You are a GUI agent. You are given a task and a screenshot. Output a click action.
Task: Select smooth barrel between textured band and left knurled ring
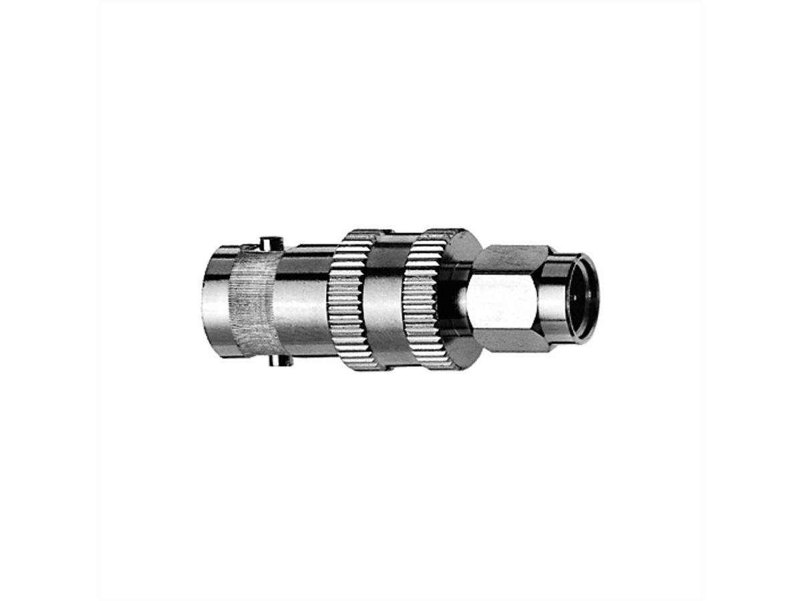[301, 300]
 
